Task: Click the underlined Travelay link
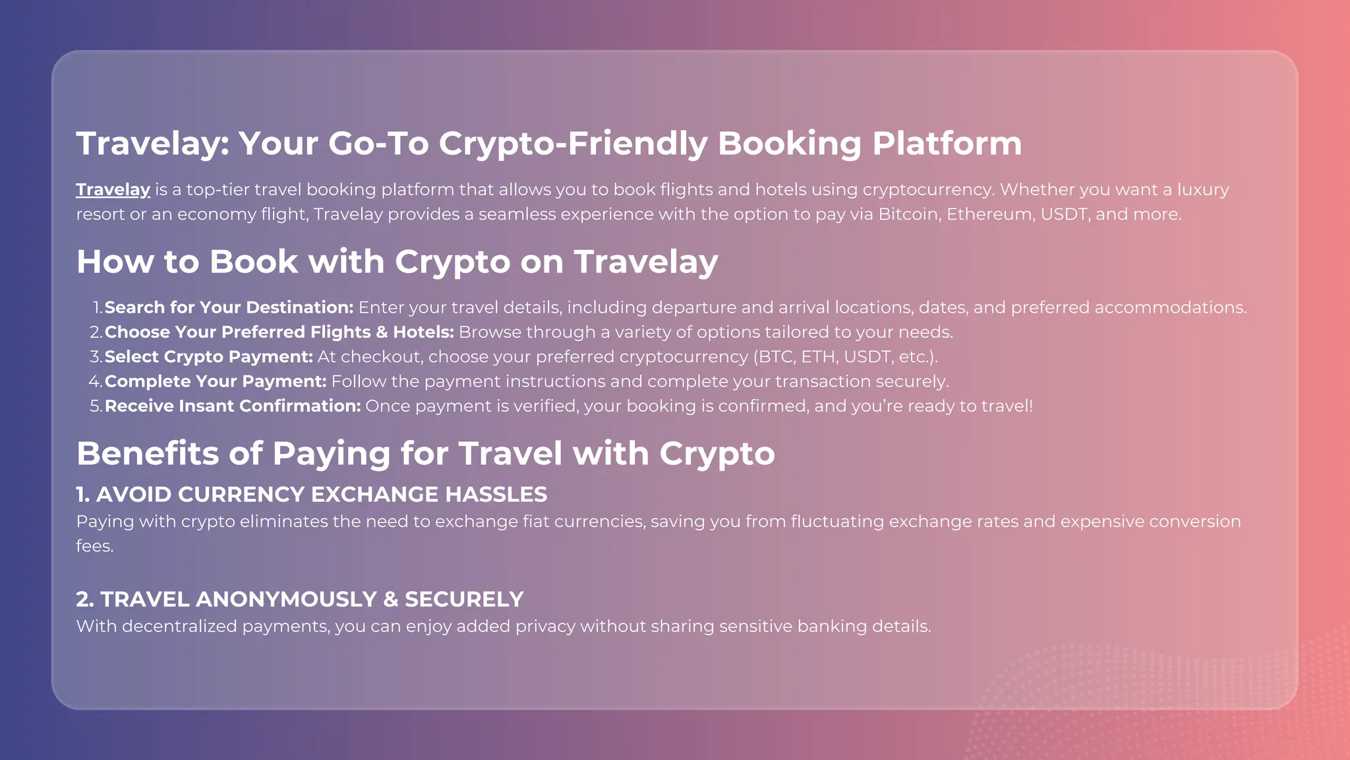click(113, 190)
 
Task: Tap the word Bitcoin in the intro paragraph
click(909, 214)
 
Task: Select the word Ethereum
click(989, 214)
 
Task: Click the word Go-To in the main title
click(378, 144)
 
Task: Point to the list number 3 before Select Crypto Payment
click(95, 357)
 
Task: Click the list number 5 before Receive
click(95, 406)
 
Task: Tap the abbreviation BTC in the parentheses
click(776, 357)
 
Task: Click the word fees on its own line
click(94, 546)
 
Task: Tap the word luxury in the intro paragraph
click(1203, 190)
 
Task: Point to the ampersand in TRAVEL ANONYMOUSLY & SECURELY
click(391, 600)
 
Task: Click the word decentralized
click(179, 627)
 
